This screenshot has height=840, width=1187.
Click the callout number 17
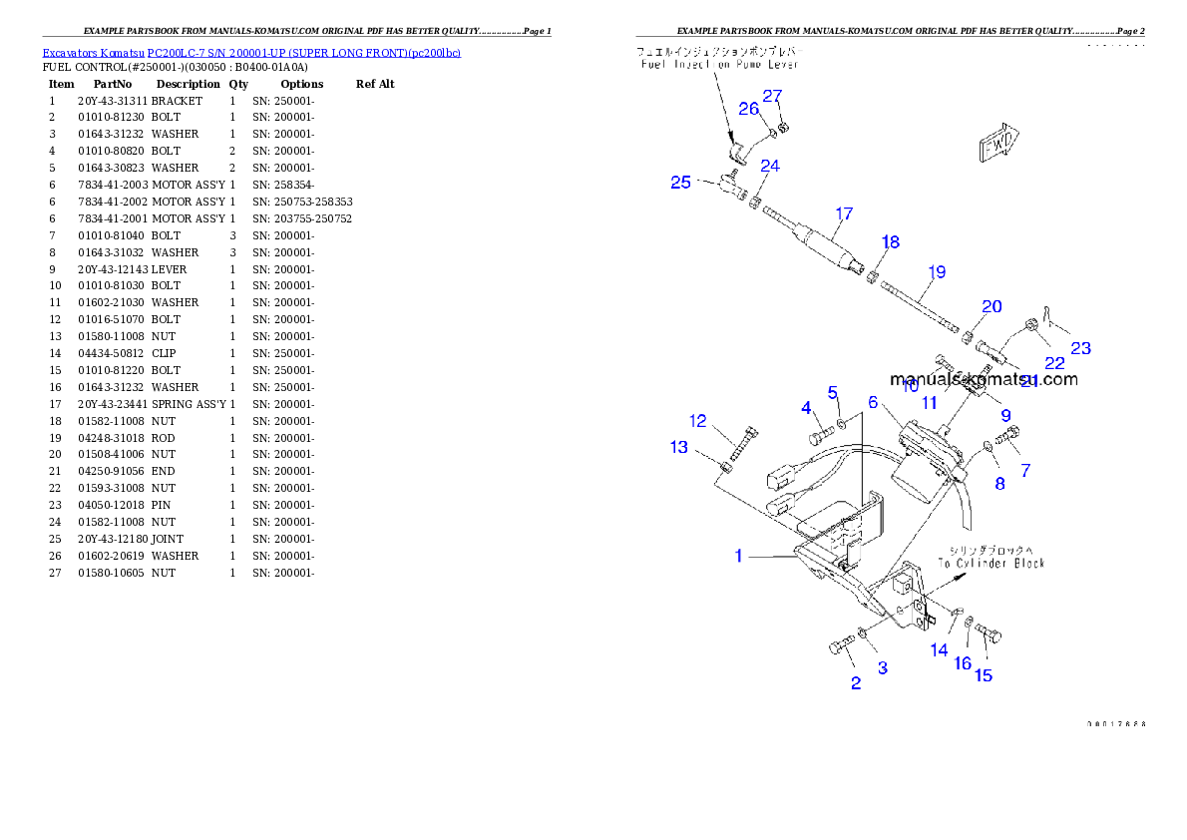coord(844,213)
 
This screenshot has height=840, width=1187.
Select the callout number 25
coord(680,183)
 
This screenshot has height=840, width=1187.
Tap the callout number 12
coord(698,421)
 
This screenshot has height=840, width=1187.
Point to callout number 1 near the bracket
coord(738,557)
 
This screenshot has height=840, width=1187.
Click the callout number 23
coord(1080,348)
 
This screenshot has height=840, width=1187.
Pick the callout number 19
coord(937,271)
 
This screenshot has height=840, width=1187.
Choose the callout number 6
coord(873,403)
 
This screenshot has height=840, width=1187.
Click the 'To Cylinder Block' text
coord(990,564)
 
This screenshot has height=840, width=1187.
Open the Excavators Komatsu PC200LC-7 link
coord(251,53)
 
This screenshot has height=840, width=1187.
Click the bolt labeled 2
coord(840,644)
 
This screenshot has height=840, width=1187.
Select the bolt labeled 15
coord(988,632)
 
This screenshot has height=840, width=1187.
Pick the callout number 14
coord(939,650)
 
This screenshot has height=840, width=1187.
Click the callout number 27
coord(773,97)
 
